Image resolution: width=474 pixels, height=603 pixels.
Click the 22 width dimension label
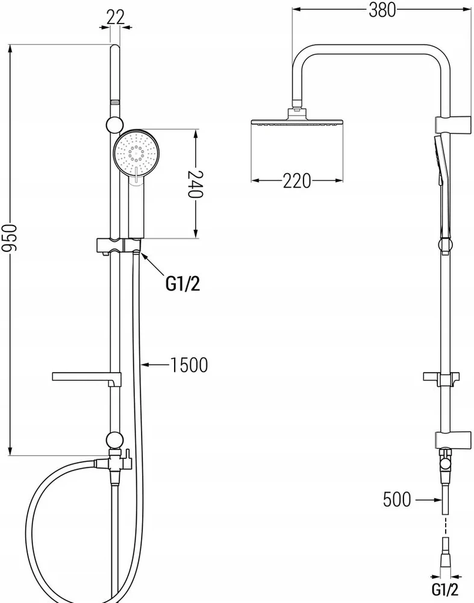coord(116,17)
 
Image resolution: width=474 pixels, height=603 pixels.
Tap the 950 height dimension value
coord(10,238)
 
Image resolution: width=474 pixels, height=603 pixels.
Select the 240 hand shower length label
coord(195,184)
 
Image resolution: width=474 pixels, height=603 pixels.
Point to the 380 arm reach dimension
coord(382,10)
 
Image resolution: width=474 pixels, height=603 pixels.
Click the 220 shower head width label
coord(297,181)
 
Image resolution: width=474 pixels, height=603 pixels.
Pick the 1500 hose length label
coord(189,365)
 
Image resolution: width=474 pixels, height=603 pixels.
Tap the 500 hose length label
coord(397,499)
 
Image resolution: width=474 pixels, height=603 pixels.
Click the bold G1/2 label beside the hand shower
coord(183,284)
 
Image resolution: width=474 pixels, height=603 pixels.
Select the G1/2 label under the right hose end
coord(445,589)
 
